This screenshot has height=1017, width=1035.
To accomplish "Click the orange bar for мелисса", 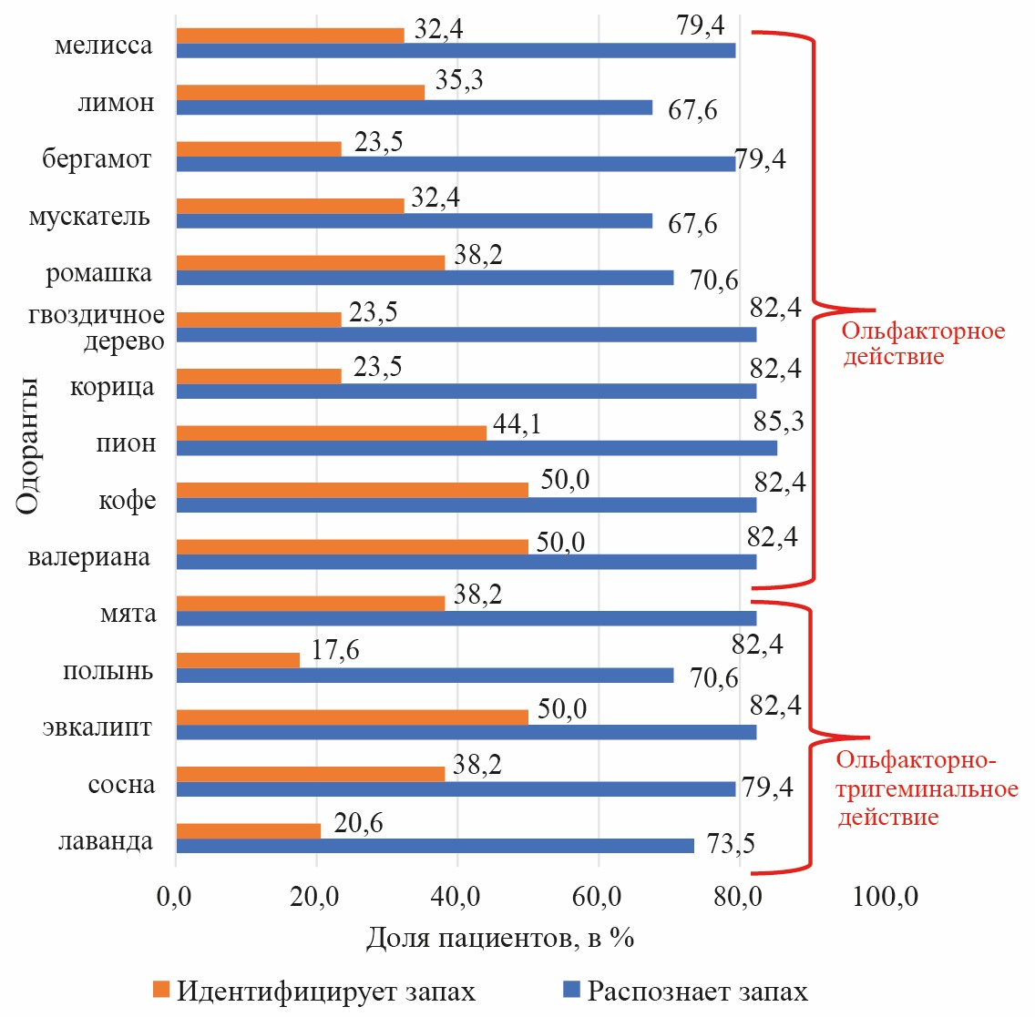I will point(290,36).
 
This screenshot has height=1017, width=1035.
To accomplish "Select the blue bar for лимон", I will point(414,107).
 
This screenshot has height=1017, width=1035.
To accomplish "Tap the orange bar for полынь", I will point(238,660).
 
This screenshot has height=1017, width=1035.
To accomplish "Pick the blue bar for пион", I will point(476,448).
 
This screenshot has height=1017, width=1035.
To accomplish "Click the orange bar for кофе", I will point(352,490).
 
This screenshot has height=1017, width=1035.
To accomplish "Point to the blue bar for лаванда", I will point(435,846).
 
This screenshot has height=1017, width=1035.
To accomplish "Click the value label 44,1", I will point(517,423).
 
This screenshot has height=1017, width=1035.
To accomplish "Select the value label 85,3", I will point(779,422).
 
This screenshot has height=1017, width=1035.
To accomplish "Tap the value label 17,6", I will point(334,650).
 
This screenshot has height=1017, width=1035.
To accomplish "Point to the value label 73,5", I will point(731,844).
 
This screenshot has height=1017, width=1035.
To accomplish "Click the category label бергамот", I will point(97,159).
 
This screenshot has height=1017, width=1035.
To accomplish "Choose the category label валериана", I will point(89,557).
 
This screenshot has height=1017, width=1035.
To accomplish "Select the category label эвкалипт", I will point(97,728).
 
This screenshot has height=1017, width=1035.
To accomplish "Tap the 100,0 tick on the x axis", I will point(886,897).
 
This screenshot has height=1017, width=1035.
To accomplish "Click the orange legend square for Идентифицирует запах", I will point(162,990).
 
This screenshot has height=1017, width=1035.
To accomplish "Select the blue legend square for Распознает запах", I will point(572,990).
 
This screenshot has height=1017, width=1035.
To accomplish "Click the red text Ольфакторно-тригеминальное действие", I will point(927,788).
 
